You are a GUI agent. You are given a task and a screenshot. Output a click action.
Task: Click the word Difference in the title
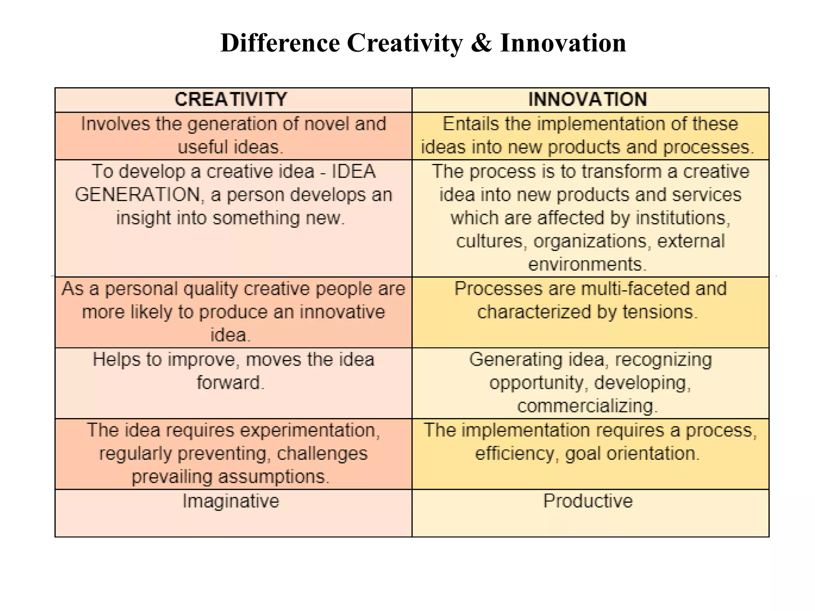(280, 43)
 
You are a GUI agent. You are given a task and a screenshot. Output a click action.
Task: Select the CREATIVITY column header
(231, 99)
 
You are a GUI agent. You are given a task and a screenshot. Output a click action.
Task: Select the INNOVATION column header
(588, 99)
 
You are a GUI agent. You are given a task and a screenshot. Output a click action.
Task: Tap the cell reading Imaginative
(231, 501)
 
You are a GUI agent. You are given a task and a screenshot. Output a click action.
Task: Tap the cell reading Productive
(588, 501)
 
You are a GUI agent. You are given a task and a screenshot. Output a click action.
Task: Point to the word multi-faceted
(635, 289)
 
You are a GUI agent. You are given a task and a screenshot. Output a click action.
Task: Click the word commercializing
(585, 406)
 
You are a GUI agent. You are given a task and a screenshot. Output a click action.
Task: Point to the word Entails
(471, 124)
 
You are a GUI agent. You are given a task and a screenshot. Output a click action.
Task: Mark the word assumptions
(272, 477)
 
